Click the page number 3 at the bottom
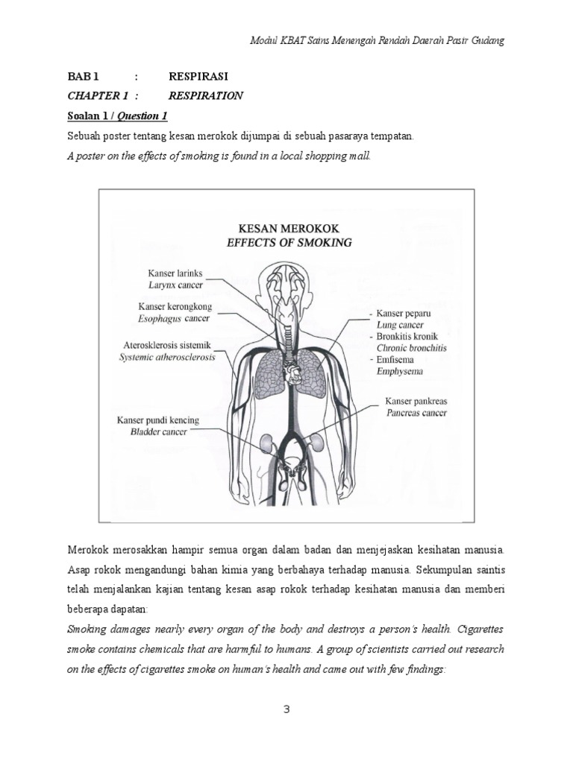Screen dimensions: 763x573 coord(286,709)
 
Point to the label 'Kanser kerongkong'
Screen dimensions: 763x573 coord(174,307)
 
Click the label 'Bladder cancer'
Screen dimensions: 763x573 coord(158,431)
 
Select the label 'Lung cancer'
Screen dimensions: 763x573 coord(400,325)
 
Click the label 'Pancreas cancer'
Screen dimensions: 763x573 coord(416,412)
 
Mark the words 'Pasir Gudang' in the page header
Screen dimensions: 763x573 coord(477,40)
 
